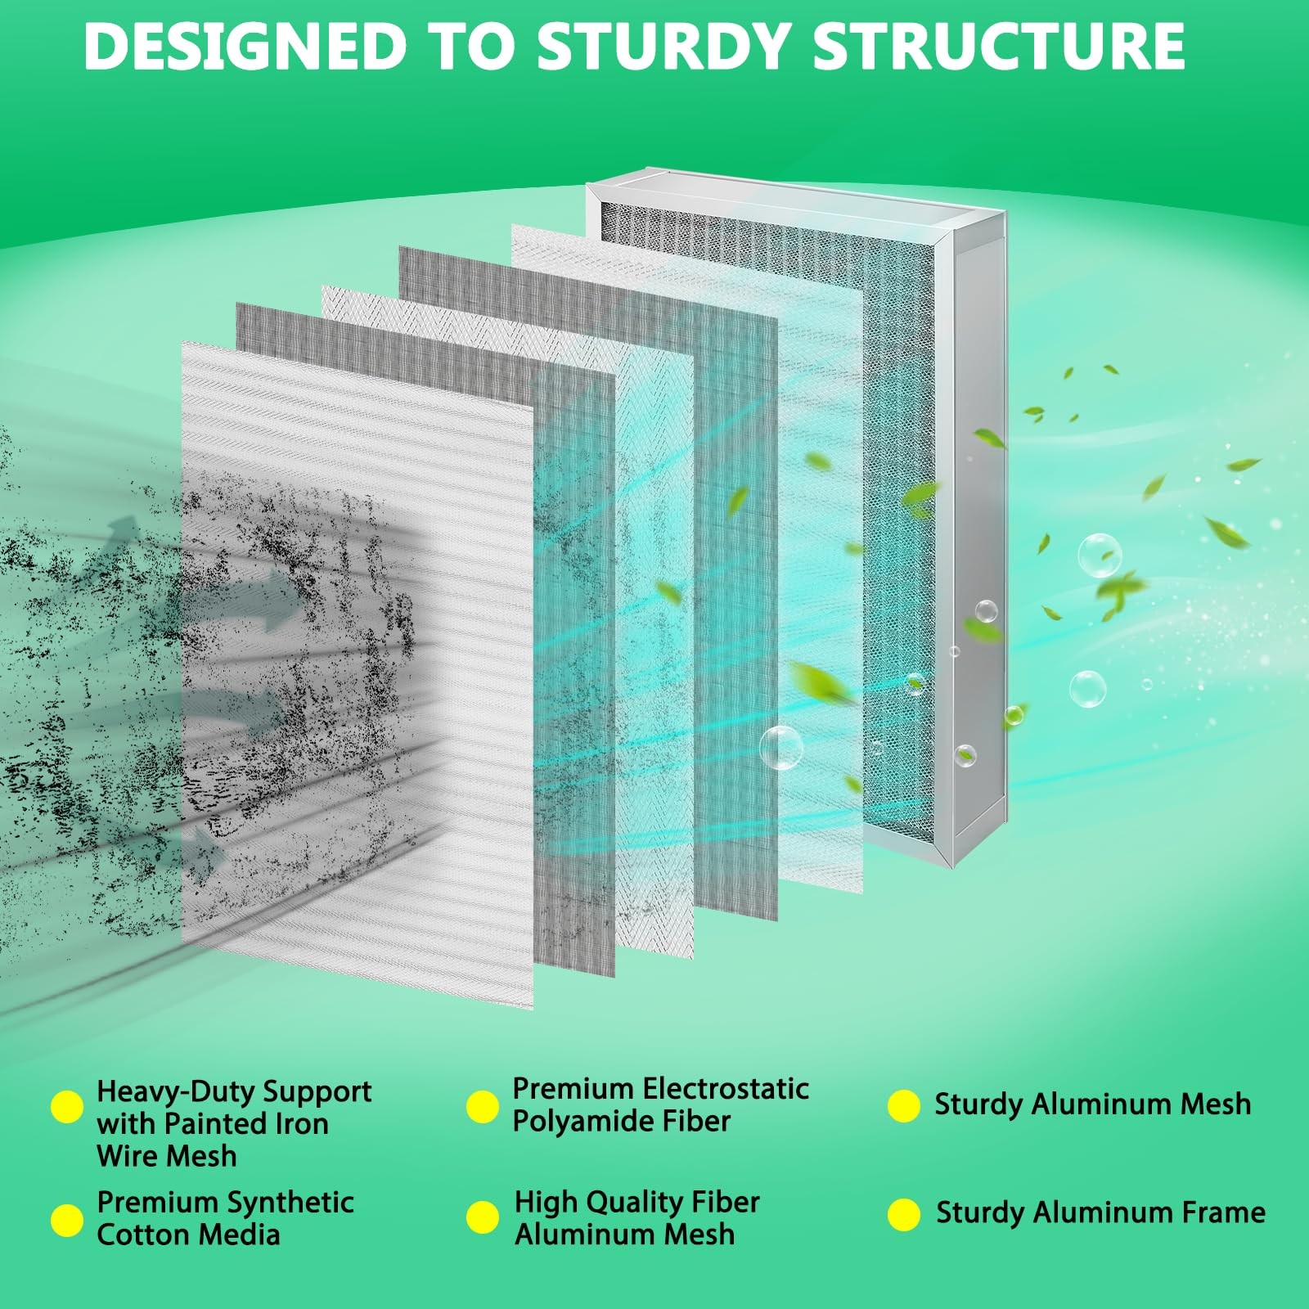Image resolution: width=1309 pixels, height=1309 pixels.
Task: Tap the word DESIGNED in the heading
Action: [x=245, y=46]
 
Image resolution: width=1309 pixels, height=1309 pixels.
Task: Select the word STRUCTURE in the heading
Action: [x=998, y=46]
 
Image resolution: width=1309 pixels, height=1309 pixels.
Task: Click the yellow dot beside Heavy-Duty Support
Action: [x=67, y=1107]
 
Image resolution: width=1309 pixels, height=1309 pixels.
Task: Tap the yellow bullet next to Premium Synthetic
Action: [x=67, y=1220]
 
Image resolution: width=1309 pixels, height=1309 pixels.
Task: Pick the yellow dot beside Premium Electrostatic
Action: [x=483, y=1106]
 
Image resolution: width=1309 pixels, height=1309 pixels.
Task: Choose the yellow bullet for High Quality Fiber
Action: [x=483, y=1217]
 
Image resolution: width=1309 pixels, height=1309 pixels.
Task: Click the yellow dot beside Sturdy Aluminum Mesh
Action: [x=903, y=1105]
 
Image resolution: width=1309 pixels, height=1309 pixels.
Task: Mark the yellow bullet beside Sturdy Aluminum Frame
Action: [x=904, y=1215]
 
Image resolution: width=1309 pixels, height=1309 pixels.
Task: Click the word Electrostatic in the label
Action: [x=726, y=1089]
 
